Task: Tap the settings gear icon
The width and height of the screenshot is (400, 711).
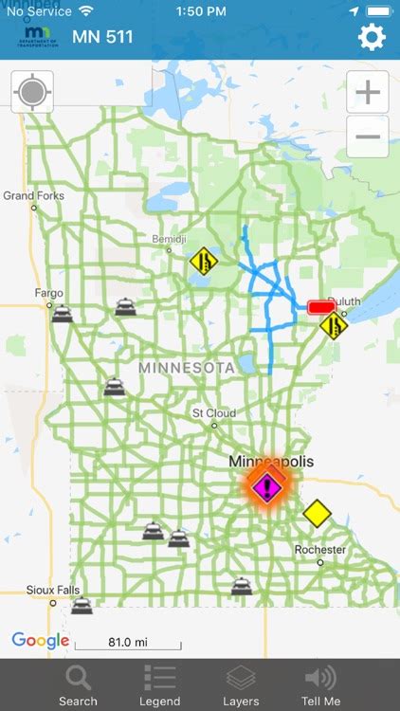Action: tap(372, 38)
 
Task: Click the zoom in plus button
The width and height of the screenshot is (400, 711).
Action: tap(368, 93)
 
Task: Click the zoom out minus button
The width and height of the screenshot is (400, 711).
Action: tap(368, 137)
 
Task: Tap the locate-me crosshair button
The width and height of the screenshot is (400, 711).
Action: tap(32, 92)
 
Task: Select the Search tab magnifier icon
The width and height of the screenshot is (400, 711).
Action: tap(78, 677)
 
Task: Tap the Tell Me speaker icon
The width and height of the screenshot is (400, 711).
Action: tap(320, 677)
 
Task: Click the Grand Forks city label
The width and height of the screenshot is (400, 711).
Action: tap(32, 196)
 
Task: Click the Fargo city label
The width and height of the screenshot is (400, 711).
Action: tap(48, 293)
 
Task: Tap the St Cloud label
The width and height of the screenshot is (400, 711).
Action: tap(213, 413)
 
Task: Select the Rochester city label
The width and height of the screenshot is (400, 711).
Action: tap(319, 549)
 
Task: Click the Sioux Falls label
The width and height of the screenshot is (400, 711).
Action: tap(53, 590)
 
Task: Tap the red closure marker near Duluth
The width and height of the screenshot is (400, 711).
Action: tap(322, 308)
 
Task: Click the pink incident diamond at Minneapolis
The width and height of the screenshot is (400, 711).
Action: tap(267, 487)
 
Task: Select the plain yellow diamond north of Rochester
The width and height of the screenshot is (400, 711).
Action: tap(318, 514)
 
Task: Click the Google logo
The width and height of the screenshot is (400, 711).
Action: tap(40, 641)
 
